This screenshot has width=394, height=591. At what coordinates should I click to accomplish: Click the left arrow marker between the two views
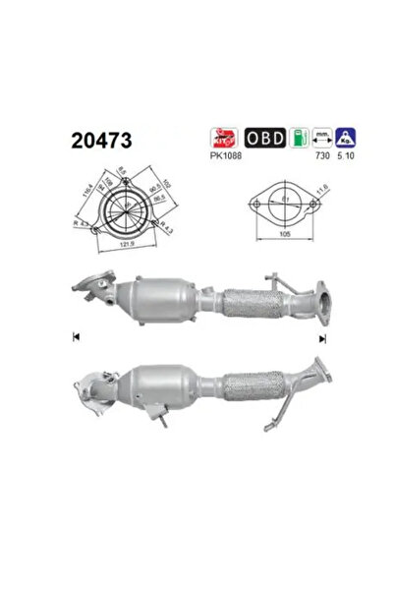coord(75,338)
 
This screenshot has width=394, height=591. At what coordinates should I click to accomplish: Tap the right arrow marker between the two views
coord(321,338)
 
